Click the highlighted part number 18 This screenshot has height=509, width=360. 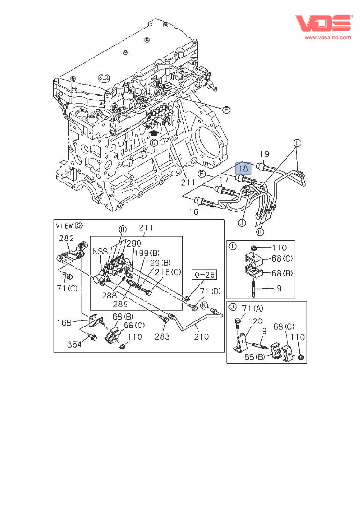[x=243, y=168]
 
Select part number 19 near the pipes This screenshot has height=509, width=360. [x=264, y=154]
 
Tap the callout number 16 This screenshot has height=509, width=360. [x=194, y=212]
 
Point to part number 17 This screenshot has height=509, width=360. [x=224, y=180]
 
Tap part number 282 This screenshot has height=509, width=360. [x=66, y=238]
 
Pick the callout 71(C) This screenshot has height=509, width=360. [x=67, y=288]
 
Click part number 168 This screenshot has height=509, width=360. [x=64, y=322]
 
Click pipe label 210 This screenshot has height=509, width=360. [x=202, y=336]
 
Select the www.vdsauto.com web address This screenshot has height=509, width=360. [x=328, y=37]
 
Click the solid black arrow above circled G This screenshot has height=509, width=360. [x=153, y=132]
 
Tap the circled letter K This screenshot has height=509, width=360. [x=204, y=305]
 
